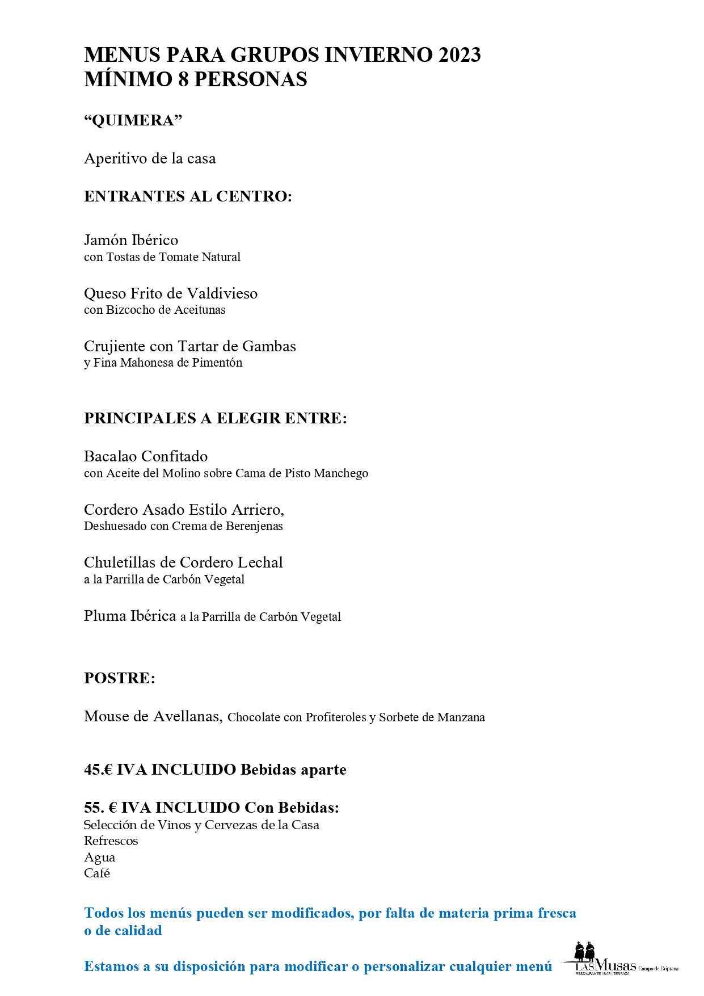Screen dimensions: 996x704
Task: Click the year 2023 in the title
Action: pos(459,55)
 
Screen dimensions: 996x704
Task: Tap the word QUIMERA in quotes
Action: pos(133,120)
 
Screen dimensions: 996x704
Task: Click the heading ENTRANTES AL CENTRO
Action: pos(187,196)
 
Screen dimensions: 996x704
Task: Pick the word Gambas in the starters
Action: pos(269,346)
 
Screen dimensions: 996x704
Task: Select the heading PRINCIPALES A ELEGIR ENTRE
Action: pos(215,418)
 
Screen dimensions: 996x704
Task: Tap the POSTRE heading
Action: pos(119,678)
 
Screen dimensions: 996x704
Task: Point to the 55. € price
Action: pos(100,808)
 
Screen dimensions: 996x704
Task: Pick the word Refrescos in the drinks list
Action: pos(111,841)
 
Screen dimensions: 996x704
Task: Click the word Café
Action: pos(97,873)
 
